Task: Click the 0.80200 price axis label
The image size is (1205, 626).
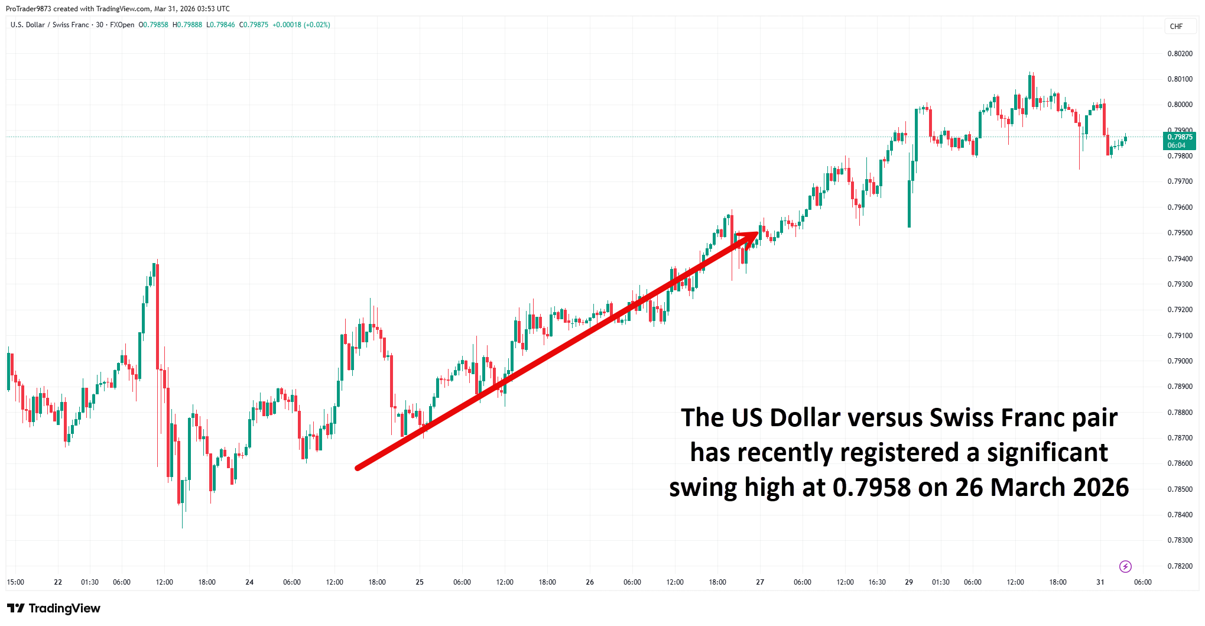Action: [x=1180, y=54]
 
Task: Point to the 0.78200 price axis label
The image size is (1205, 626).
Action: [x=1180, y=566]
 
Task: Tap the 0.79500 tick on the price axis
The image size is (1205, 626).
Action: [x=1180, y=233]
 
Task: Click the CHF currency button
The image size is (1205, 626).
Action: [x=1176, y=27]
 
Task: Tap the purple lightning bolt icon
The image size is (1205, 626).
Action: [x=1125, y=567]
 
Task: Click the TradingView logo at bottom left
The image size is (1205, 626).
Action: [x=54, y=608]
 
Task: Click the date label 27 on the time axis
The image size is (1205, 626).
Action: [x=760, y=582]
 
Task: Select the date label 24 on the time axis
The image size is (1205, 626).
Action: [x=249, y=582]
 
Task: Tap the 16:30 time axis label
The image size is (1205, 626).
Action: [x=877, y=582]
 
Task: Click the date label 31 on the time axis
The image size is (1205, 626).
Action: [x=1100, y=582]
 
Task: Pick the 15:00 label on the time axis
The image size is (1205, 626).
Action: [x=15, y=582]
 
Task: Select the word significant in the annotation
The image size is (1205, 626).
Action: [x=1047, y=453]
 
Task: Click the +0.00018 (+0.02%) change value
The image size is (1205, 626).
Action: [x=301, y=25]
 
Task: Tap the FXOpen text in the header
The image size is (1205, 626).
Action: [x=122, y=25]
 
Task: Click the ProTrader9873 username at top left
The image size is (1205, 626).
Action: [x=28, y=9]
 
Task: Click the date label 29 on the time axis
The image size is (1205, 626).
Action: [x=909, y=582]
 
